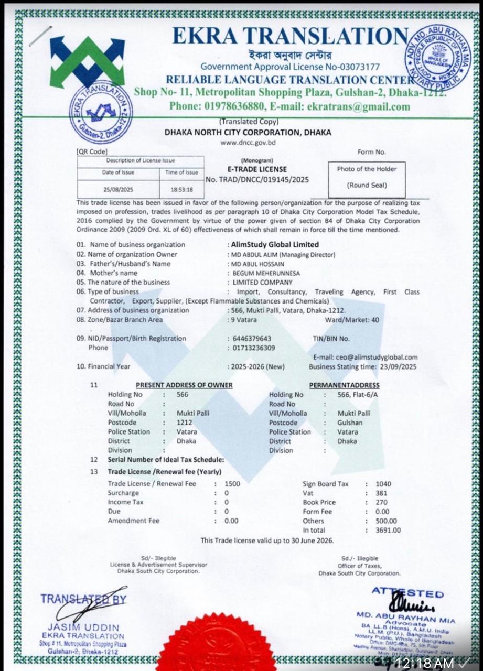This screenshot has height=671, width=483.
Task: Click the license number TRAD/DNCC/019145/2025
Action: [x=257, y=179]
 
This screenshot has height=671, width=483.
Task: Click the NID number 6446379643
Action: [x=251, y=339]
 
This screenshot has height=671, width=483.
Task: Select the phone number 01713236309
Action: [x=252, y=348]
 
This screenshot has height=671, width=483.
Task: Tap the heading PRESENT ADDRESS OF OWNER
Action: [x=184, y=385]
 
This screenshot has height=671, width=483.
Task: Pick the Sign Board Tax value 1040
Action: [x=384, y=484]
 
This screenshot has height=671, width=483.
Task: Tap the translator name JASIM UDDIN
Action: [x=83, y=627]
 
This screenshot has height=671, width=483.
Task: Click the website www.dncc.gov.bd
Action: [x=248, y=143]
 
